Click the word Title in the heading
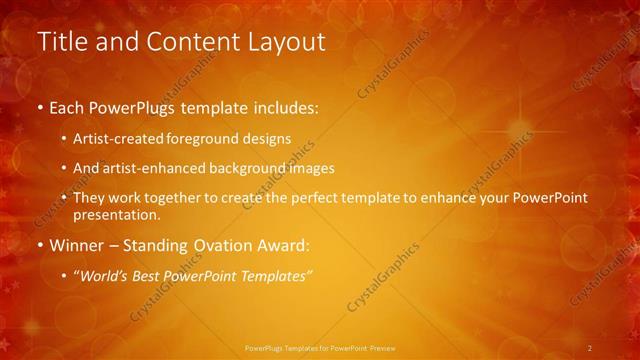[58, 42]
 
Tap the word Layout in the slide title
[291, 42]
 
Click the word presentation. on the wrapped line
[117, 214]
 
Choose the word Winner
[76, 244]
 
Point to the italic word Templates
[278, 274]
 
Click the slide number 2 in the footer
[590, 348]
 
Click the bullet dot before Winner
[40, 245]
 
